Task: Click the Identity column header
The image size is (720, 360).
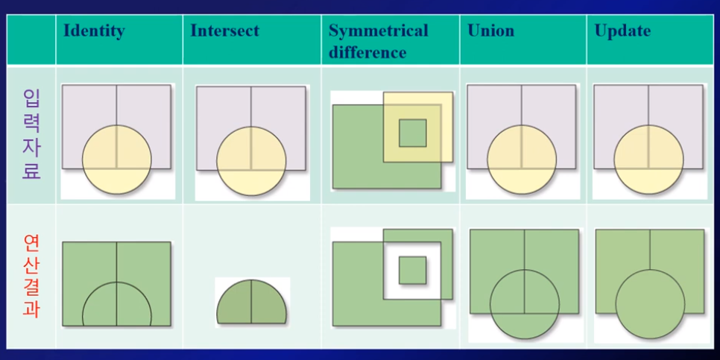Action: click(94, 31)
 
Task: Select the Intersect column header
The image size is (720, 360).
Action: click(224, 31)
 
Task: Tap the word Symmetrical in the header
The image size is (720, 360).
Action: click(378, 31)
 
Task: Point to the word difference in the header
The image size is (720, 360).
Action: click(367, 53)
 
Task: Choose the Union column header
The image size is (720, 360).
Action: click(490, 31)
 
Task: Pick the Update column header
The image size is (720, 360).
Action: click(622, 31)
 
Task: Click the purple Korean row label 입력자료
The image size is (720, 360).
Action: click(31, 134)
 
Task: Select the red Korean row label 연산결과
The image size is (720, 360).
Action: click(31, 276)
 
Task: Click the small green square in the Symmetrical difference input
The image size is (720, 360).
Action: click(412, 133)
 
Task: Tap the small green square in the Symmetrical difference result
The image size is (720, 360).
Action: click(412, 270)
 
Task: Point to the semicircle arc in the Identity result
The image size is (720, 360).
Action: click(117, 283)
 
